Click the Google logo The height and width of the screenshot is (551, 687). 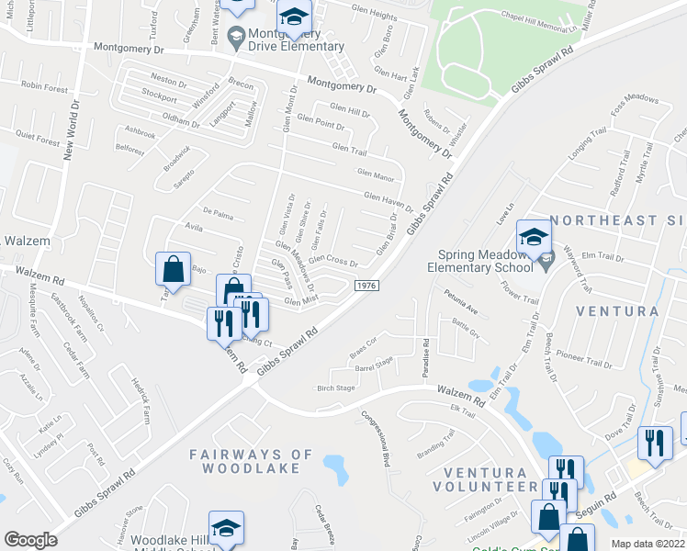[x=30, y=540]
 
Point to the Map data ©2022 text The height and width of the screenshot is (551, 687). [x=648, y=544]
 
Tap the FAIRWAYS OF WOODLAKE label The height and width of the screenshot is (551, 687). [x=245, y=461]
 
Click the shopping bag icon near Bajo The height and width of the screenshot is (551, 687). [x=173, y=270]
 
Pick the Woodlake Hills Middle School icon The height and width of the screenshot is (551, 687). [x=226, y=528]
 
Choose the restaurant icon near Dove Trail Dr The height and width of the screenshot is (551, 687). [x=654, y=443]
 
